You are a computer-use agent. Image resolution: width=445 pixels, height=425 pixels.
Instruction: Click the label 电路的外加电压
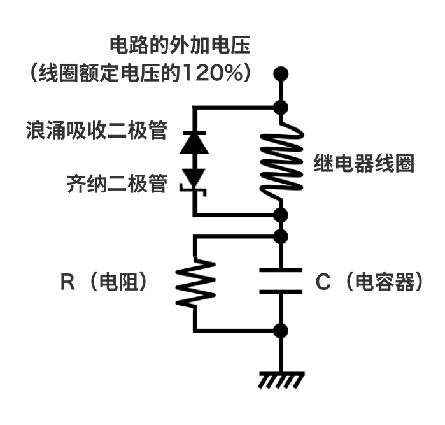tap(181, 46)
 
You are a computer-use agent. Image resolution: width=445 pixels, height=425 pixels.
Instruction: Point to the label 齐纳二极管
tap(117, 184)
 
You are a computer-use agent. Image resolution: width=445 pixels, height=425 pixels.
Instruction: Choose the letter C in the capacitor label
tap(323, 282)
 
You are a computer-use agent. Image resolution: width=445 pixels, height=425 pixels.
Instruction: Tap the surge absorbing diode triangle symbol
tap(194, 143)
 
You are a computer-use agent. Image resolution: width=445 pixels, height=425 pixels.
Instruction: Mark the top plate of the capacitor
tap(281, 271)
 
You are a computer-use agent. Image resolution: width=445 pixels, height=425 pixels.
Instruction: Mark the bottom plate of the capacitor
tap(281, 291)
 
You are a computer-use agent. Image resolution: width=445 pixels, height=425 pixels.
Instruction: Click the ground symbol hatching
tap(281, 380)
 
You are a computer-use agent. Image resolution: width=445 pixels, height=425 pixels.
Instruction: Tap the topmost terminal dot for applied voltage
tap(281, 73)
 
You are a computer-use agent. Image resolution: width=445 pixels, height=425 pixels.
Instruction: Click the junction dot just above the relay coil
tap(281, 107)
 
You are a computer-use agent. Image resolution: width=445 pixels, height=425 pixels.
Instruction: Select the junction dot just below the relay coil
tap(281, 215)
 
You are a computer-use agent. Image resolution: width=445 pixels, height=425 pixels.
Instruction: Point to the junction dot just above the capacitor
tap(281, 236)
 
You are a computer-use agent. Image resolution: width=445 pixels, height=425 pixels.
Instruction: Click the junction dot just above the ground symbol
tap(281, 331)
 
